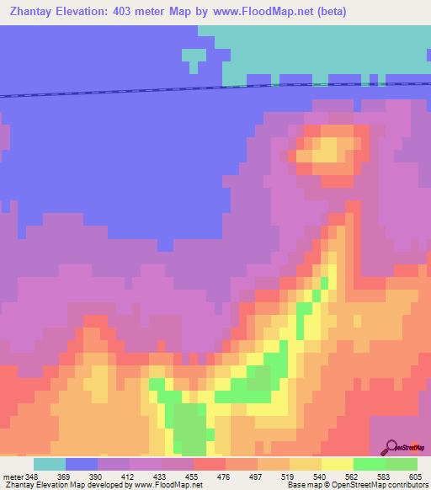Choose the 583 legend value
(386, 477)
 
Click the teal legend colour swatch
(50, 464)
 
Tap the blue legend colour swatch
(82, 464)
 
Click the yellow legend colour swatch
(338, 464)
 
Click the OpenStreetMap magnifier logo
(391, 446)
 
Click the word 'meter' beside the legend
(12, 477)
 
